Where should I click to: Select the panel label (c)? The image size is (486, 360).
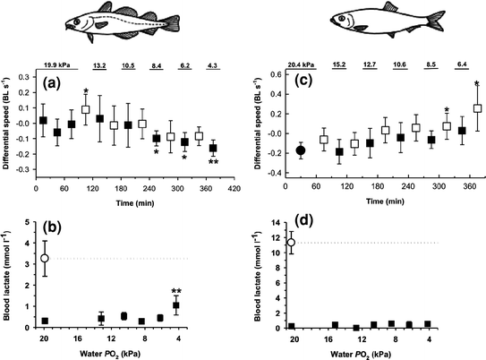click(299, 88)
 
